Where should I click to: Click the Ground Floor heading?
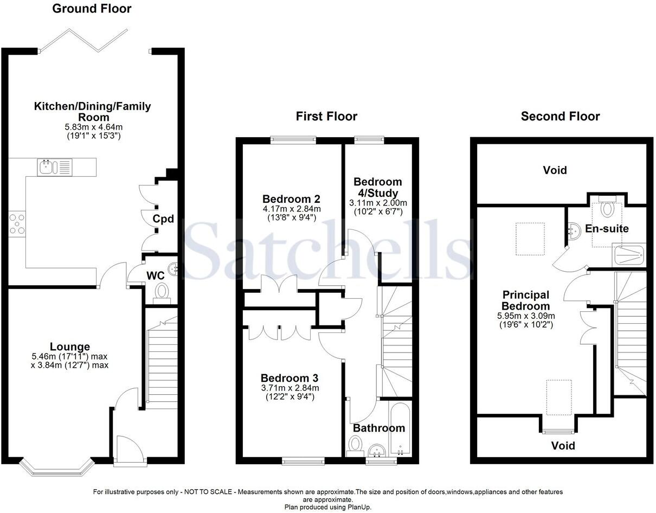[x=92, y=9]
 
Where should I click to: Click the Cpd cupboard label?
[x=163, y=219]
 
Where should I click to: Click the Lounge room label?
[x=70, y=347]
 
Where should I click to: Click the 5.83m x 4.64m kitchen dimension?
[x=92, y=127]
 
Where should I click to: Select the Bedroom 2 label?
[x=291, y=198]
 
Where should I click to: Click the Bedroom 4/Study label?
[x=377, y=187]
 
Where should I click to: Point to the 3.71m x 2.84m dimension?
[x=290, y=388]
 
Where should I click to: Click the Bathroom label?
[x=379, y=428]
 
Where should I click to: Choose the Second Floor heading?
[x=560, y=116]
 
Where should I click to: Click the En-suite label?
[x=607, y=228]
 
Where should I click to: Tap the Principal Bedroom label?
[x=525, y=300]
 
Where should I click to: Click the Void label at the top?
[x=555, y=170]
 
